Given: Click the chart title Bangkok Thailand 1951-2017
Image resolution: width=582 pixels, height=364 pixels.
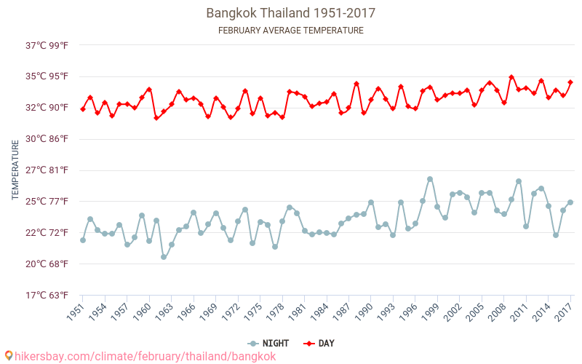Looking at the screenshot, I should coord(291,13).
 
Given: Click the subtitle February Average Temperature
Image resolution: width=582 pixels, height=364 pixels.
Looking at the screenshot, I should coord(291,31).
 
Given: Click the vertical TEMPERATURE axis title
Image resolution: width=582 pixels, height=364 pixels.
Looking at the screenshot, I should coord(15,170).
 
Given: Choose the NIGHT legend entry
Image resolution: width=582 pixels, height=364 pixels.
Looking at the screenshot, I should coord(268,343).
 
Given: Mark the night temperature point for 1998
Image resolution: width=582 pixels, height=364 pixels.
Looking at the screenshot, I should coord(430,179).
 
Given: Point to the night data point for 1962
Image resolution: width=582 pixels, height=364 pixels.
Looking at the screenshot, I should coord(164,257).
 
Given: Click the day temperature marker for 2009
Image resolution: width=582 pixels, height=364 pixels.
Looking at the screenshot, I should coord(511,77).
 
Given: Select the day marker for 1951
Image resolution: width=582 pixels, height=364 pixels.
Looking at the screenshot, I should coord(83,109).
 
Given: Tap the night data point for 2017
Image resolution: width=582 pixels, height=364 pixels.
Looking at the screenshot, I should coord(570,202).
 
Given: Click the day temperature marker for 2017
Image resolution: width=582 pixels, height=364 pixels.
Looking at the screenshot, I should coord(570,82).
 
